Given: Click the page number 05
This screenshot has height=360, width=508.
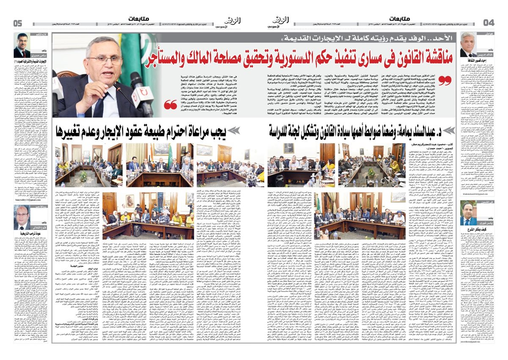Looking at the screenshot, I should pos(18,23).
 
